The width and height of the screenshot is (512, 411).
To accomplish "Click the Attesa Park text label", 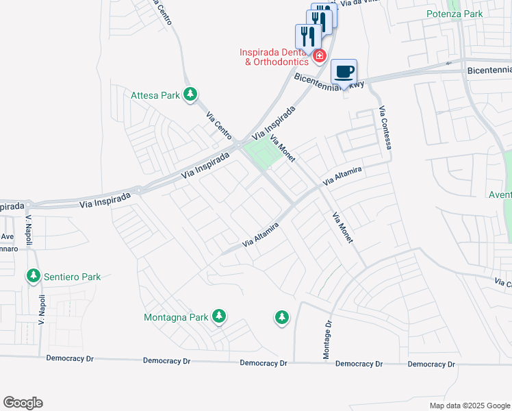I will click(155, 95).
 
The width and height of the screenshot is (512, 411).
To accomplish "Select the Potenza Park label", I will click(455, 14).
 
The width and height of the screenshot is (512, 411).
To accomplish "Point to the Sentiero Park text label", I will click(72, 277).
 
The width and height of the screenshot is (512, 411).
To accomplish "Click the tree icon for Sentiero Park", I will click(32, 276).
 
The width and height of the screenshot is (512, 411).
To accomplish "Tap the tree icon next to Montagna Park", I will click(218, 316).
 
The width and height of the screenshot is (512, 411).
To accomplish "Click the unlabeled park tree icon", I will click(281, 317).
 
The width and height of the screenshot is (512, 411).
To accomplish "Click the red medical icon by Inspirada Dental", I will click(319, 55).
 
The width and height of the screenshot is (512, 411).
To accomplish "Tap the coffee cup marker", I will click(344, 71).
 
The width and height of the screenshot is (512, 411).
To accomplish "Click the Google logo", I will click(23, 403).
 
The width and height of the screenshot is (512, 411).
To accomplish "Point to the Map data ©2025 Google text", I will click(469, 406).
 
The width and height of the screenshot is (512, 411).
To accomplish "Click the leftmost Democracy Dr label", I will click(70, 358).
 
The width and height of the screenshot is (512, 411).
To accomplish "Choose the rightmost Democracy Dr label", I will click(431, 364).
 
